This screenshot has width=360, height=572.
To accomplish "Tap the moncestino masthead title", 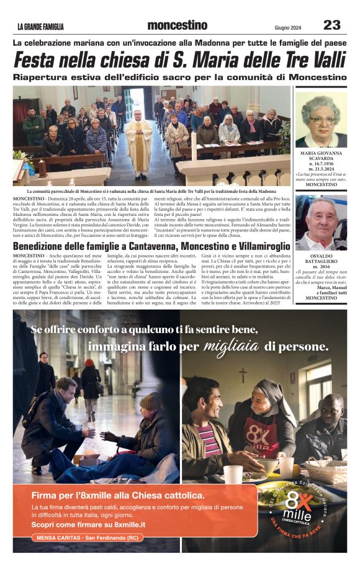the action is coord(178,25).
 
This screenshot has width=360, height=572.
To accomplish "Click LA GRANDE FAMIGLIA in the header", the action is coord(40,27).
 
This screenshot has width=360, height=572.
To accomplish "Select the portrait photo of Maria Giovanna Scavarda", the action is coord(321,120).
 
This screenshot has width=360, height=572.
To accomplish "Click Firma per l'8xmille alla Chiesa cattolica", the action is coord(118,495).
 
